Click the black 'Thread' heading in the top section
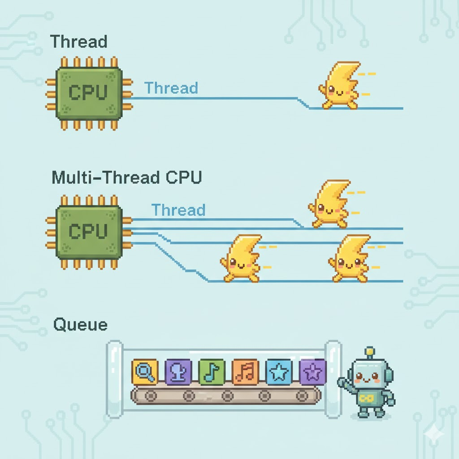point(79,42)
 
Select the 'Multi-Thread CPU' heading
point(127,178)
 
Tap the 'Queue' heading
point(80,324)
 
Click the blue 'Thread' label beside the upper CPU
point(171,88)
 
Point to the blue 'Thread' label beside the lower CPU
point(178,210)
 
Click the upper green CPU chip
point(89,93)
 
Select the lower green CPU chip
point(89,231)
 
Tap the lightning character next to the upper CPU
point(340,86)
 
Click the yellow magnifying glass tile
point(145,372)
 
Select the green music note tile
point(211,372)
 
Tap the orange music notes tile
point(245,372)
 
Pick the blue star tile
point(278,372)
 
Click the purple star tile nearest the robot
point(312,371)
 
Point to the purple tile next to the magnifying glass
point(178,372)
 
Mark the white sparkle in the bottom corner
point(434,433)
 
